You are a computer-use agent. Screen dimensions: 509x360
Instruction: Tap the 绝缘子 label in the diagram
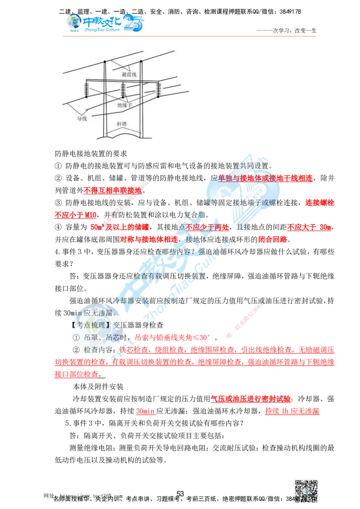(125, 105)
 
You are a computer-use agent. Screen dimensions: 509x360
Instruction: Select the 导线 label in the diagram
(82, 119)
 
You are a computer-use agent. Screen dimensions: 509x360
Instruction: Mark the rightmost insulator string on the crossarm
(158, 90)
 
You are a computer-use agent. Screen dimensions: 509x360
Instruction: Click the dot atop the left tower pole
(105, 61)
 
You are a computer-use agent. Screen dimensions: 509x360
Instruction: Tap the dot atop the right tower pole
(141, 61)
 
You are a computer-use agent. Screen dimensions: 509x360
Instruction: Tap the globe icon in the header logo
(72, 22)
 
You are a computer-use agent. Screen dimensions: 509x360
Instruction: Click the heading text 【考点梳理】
(92, 325)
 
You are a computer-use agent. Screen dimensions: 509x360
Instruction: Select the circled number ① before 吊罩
(76, 337)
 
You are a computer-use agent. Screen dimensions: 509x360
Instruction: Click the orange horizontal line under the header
(189, 35)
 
